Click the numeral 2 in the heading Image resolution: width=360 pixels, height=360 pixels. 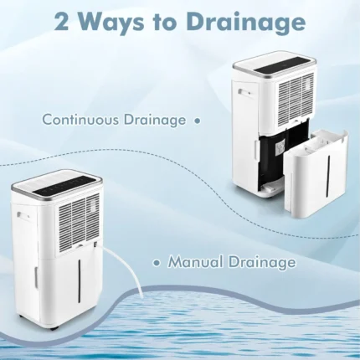pyautogui.click(x=61, y=22)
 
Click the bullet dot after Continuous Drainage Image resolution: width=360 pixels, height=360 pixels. pyautogui.click(x=198, y=121)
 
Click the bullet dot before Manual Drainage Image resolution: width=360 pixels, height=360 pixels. pyautogui.click(x=157, y=263)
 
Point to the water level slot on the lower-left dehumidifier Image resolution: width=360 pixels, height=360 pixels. pyautogui.click(x=80, y=282)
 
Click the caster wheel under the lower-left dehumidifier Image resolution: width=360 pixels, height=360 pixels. pyautogui.click(x=52, y=327)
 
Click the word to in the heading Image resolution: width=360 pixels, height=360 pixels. pyautogui.click(x=167, y=23)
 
